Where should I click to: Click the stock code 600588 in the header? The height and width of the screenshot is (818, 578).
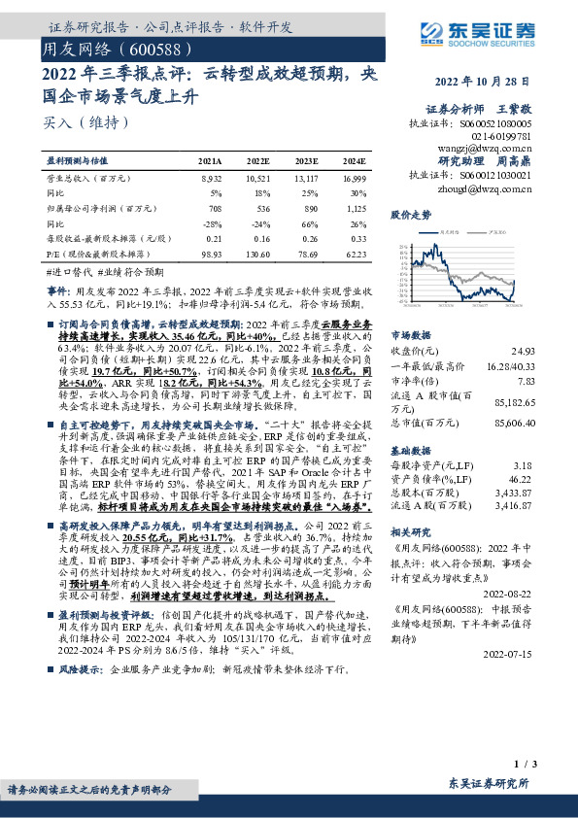click(152, 48)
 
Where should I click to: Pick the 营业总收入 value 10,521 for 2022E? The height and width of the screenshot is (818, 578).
click(258, 179)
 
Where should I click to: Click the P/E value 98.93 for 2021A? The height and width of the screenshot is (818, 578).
click(209, 252)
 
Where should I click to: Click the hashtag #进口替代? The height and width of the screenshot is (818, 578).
click(67, 272)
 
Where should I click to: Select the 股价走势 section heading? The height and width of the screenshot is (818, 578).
click(410, 213)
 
